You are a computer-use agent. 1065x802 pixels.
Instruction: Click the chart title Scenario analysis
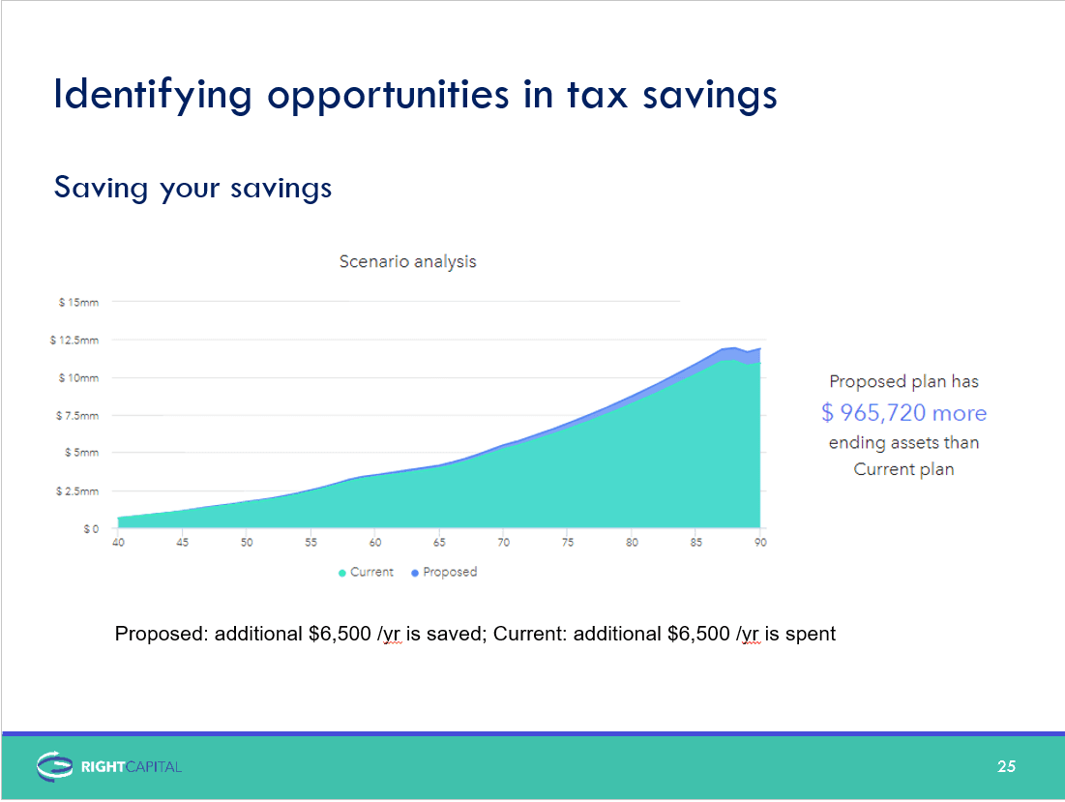click(407, 262)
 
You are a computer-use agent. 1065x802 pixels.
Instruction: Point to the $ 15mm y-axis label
click(78, 302)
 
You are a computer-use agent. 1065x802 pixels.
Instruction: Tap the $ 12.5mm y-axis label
click(74, 340)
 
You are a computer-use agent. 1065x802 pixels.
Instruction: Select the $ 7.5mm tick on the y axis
click(77, 416)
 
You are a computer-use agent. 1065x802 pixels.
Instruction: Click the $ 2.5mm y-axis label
click(77, 491)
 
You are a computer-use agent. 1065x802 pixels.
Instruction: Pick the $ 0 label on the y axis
click(91, 528)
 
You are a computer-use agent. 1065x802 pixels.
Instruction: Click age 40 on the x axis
click(118, 542)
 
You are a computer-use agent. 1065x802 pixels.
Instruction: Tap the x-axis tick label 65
click(439, 542)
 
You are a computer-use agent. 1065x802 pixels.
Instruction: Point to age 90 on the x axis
click(760, 542)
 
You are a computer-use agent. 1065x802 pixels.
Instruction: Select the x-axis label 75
click(568, 542)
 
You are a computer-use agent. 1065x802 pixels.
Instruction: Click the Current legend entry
click(366, 573)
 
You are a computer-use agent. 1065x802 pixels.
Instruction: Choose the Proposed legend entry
click(444, 573)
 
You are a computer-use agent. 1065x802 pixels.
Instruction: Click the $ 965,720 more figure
click(904, 412)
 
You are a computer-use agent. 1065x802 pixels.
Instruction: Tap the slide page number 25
click(1007, 766)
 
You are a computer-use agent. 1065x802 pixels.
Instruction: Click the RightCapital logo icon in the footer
click(54, 766)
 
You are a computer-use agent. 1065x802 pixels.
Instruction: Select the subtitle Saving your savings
click(192, 188)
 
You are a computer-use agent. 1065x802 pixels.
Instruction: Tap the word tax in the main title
click(598, 95)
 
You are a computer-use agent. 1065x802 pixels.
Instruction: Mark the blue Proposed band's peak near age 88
click(735, 348)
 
